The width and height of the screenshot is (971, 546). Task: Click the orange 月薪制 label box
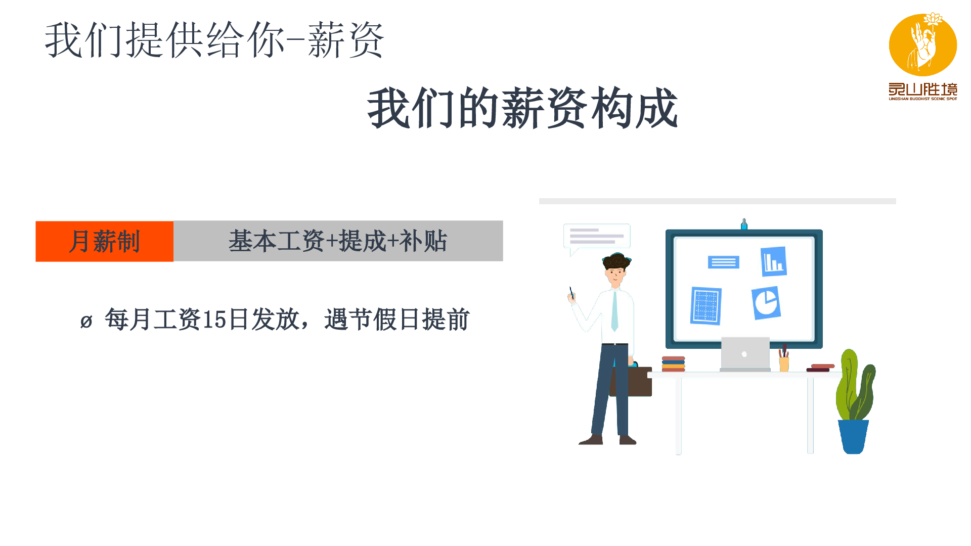click(105, 241)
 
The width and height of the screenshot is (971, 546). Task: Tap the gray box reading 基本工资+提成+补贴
click(338, 241)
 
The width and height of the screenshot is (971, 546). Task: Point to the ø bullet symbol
click(86, 322)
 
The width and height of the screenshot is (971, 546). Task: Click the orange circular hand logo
click(923, 44)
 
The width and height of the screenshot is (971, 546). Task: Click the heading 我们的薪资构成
click(522, 108)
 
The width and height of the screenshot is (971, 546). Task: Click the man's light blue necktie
click(614, 311)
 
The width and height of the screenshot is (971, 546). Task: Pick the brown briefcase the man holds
click(631, 381)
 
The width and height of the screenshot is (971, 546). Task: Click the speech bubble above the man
click(597, 238)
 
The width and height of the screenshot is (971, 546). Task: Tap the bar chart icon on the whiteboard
click(774, 261)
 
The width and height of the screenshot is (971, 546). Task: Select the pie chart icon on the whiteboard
click(766, 303)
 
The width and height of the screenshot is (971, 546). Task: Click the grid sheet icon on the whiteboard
click(706, 306)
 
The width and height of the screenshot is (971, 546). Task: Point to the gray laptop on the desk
click(745, 354)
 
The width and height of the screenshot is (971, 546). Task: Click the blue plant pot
click(853, 437)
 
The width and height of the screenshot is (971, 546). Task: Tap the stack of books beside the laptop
click(674, 364)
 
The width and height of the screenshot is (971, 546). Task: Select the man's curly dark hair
click(616, 261)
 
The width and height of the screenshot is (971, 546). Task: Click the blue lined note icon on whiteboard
click(724, 262)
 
